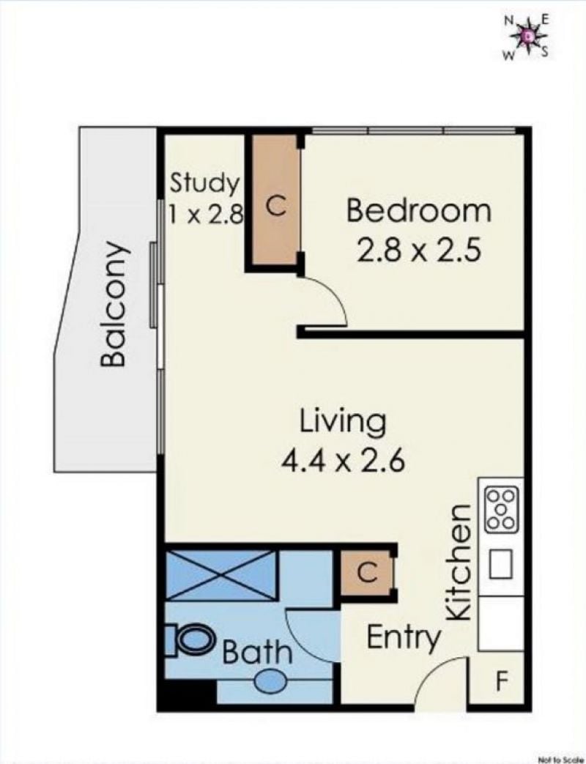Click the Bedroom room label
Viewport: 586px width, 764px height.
coord(418,211)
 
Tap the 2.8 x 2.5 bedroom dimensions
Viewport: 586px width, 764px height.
coord(419,251)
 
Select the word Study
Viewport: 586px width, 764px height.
coord(204,184)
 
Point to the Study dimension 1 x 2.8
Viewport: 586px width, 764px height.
coord(205,213)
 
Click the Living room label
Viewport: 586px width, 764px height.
coord(342,423)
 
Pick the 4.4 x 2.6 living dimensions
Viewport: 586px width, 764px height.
coord(343,461)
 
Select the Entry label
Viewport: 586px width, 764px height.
coord(404,638)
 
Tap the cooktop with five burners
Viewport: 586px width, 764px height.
coord(500,509)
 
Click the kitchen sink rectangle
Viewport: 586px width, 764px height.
coord(501,564)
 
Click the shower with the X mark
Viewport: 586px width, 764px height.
coord(221,576)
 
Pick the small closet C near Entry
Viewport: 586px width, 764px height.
coord(366,573)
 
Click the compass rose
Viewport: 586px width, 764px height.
coord(527,36)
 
